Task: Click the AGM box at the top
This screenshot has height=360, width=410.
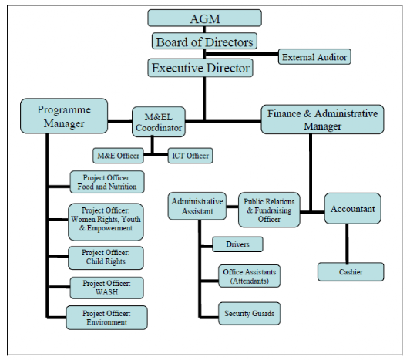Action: [x=204, y=18]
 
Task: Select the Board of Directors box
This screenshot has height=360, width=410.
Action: [x=204, y=42]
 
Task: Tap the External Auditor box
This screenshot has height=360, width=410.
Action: [x=314, y=57]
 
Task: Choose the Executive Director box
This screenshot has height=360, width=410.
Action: [x=200, y=68]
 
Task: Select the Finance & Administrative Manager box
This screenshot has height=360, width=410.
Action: [x=322, y=119]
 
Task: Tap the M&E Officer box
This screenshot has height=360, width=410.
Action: [x=118, y=156]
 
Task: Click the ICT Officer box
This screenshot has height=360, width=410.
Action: [x=189, y=156]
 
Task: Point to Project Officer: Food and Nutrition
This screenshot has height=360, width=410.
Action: [x=106, y=182]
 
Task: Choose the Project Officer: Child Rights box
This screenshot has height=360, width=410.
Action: [x=106, y=257]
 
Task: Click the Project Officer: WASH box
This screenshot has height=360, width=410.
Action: [x=106, y=288]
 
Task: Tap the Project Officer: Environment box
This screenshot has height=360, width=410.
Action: [x=106, y=317]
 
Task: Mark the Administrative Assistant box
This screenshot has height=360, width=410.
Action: [x=197, y=207]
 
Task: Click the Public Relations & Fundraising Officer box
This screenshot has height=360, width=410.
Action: [x=269, y=210]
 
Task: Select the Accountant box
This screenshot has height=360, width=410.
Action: [x=352, y=209]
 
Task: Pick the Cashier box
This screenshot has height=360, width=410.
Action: [x=351, y=271]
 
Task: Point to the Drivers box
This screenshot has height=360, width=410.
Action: [x=237, y=244]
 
